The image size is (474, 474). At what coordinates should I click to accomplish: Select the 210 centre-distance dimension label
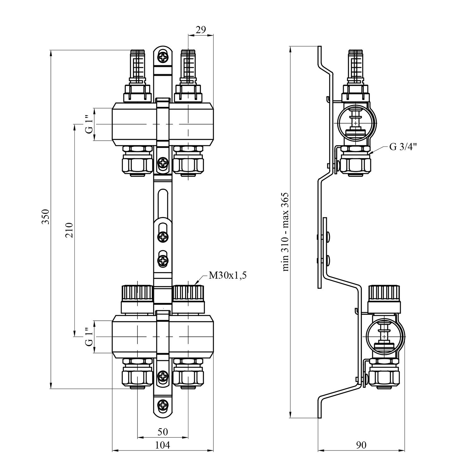tap(70, 230)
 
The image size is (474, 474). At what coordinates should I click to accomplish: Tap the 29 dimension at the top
tap(201, 30)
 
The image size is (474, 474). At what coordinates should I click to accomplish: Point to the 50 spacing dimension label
tap(163, 431)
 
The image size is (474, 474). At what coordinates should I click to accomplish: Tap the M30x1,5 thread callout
tap(227, 276)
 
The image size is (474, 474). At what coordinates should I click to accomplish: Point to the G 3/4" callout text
tap(403, 147)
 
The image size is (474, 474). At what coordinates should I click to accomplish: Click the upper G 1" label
tap(90, 125)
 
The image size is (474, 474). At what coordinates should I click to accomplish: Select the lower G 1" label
tap(90, 337)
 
